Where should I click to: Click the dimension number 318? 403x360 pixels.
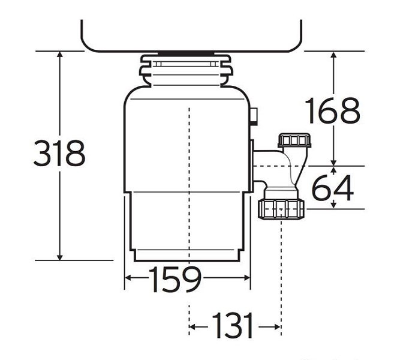[x=59, y=153]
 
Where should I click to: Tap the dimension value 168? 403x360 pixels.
[x=333, y=110]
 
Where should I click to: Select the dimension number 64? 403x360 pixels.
[x=333, y=188]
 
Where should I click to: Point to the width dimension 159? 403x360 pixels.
[x=175, y=279]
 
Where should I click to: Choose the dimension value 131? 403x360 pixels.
[x=233, y=325]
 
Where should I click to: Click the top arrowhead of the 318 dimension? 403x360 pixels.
[x=59, y=54]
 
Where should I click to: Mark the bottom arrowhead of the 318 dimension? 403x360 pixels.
[x=59, y=257]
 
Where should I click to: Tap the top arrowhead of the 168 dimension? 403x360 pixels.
[x=333, y=54]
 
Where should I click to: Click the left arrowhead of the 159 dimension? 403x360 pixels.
[x=128, y=278]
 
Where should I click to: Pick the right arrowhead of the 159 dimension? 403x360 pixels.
[x=246, y=278]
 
